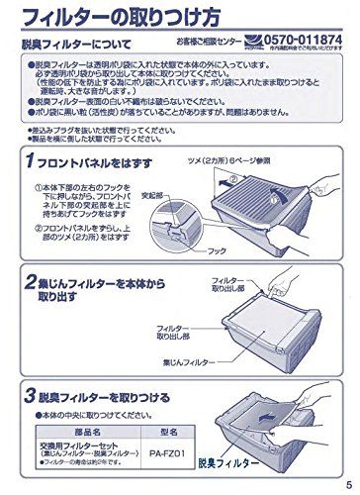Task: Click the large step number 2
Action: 32,287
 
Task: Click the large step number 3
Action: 32,393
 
